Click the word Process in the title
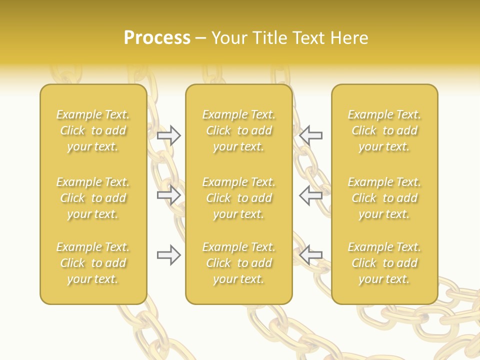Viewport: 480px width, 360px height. click(x=157, y=38)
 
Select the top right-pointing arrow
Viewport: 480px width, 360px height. click(x=169, y=135)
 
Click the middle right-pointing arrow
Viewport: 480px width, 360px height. click(x=169, y=195)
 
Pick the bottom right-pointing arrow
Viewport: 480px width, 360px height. click(x=169, y=255)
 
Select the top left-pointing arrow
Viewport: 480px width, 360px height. click(x=310, y=135)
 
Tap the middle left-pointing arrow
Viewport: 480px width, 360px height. click(x=310, y=195)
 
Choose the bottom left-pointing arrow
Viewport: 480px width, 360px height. click(x=310, y=255)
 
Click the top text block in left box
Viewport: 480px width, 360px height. click(x=93, y=130)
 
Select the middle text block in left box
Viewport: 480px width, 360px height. click(x=93, y=198)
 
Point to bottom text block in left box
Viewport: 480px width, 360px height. click(x=93, y=263)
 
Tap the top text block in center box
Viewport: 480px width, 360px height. click(x=238, y=130)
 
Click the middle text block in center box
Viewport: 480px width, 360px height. click(x=238, y=198)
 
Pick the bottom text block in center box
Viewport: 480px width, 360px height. click(x=238, y=263)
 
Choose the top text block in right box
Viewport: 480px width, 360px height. click(x=384, y=130)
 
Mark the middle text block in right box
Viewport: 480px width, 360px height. click(x=384, y=198)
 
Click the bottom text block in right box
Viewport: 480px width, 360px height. click(x=384, y=263)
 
